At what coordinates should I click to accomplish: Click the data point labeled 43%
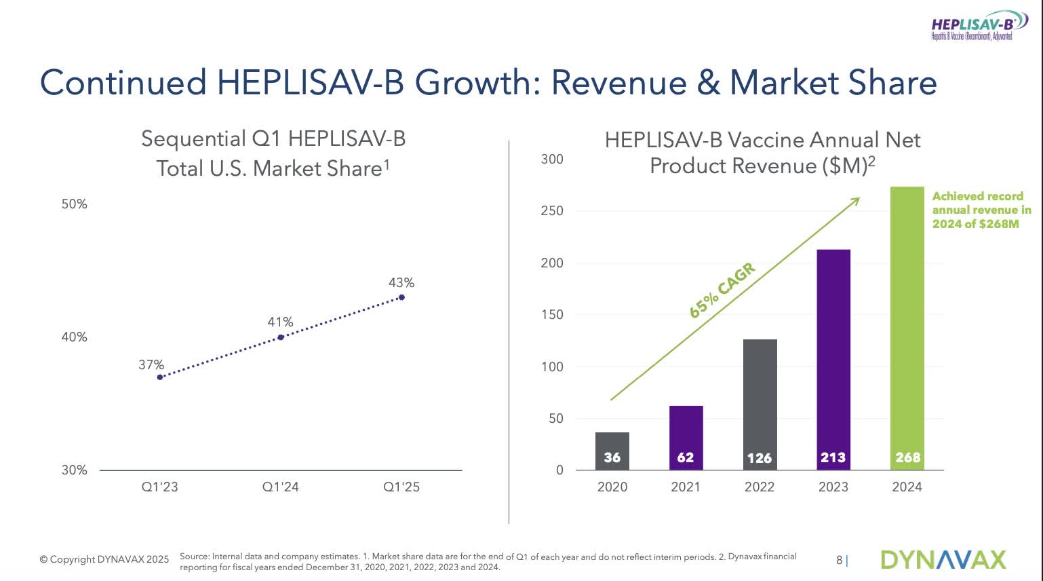[x=401, y=297]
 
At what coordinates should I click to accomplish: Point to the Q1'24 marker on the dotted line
[x=281, y=337]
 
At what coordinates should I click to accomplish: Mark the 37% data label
[x=151, y=365]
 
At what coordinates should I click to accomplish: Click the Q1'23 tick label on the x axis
[x=160, y=487]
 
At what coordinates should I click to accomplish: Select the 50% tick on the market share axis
[x=75, y=204]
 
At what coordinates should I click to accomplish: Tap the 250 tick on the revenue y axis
[x=552, y=211]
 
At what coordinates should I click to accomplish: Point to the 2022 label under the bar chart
[x=759, y=487]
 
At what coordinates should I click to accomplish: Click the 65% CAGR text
[x=722, y=291]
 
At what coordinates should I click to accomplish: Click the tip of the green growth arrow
[x=859, y=198]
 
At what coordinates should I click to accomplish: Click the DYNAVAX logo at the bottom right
[x=943, y=560]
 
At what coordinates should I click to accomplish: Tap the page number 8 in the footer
[x=839, y=560]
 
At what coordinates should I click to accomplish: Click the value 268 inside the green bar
[x=907, y=457]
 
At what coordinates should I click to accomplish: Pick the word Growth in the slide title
[x=477, y=83]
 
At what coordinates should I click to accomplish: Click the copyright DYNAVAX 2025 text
[x=104, y=560]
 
